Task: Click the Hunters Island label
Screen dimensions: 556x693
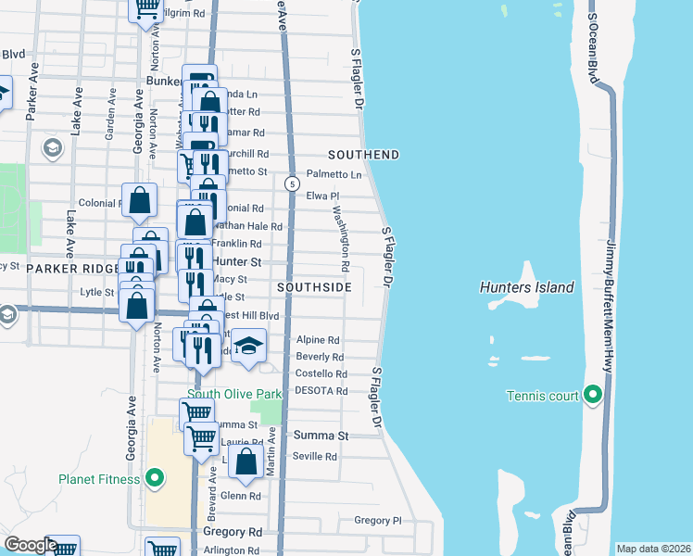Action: click(x=526, y=287)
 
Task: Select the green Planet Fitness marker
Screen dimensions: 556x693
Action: click(x=155, y=479)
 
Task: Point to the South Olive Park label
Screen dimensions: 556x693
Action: click(x=232, y=394)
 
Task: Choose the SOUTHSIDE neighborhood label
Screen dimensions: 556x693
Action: click(x=314, y=287)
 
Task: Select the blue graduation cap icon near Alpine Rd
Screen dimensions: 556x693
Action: click(x=247, y=346)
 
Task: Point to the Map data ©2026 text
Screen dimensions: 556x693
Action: click(x=653, y=549)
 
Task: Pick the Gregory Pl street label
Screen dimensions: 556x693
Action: click(x=377, y=521)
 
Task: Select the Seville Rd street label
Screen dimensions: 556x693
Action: click(x=316, y=457)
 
